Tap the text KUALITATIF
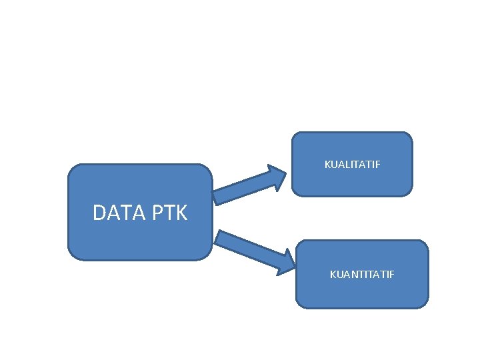click(x=352, y=164)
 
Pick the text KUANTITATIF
click(x=362, y=274)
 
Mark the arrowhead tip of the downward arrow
click(x=294, y=265)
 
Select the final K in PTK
click(x=181, y=213)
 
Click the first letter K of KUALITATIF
click(x=327, y=164)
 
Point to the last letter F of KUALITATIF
click(x=378, y=164)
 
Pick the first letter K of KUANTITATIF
click(x=333, y=274)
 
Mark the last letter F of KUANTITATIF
click(x=392, y=274)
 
